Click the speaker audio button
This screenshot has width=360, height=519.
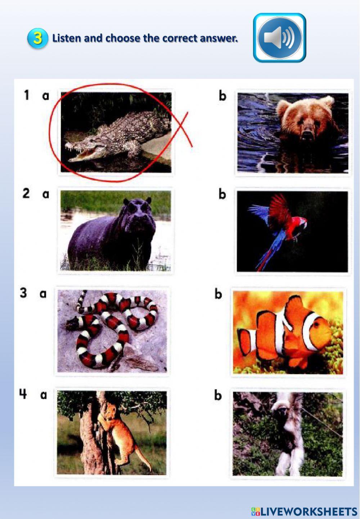click(x=279, y=37)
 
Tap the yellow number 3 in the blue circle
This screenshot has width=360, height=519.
click(x=38, y=38)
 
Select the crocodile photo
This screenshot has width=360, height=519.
click(x=116, y=132)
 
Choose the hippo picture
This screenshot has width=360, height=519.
click(x=116, y=231)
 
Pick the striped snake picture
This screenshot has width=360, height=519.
click(x=112, y=331)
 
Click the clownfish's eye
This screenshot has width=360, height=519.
click(x=317, y=325)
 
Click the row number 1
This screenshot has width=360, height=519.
click(x=26, y=95)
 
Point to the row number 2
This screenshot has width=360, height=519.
click(x=26, y=193)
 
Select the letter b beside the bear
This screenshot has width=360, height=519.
click(x=222, y=95)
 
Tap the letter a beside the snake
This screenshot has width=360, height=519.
click(x=43, y=294)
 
